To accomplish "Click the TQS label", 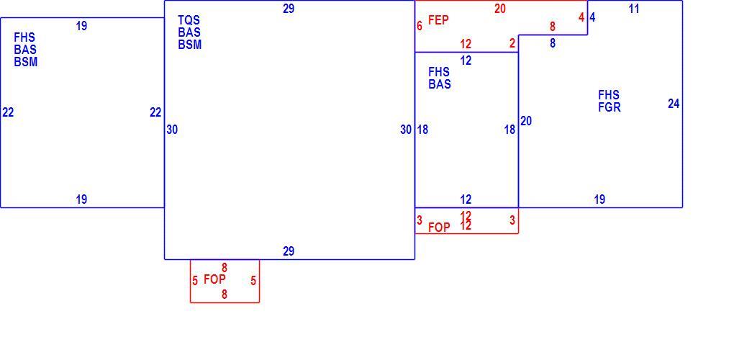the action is click(x=189, y=20).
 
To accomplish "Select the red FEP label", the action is click(x=439, y=20).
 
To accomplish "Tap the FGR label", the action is click(x=610, y=107).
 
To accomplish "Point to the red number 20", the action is click(x=500, y=9).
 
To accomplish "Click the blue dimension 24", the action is click(x=674, y=104).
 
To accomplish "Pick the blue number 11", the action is click(x=634, y=9).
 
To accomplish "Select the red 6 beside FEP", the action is click(x=420, y=26).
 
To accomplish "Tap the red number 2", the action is click(x=512, y=43).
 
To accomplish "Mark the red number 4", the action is click(x=581, y=17).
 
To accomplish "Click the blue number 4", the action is click(x=593, y=17).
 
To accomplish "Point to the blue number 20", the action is click(x=526, y=121).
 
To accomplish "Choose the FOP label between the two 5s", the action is click(x=215, y=279).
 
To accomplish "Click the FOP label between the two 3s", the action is click(x=439, y=228).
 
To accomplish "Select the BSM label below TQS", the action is click(x=190, y=45).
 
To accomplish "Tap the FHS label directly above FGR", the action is click(x=609, y=95).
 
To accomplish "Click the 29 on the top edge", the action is click(x=289, y=9).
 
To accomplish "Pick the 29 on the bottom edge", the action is click(x=289, y=251).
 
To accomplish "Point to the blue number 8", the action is click(x=553, y=43).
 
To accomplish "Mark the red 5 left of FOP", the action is click(x=195, y=282).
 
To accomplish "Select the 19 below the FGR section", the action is click(x=599, y=199).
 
